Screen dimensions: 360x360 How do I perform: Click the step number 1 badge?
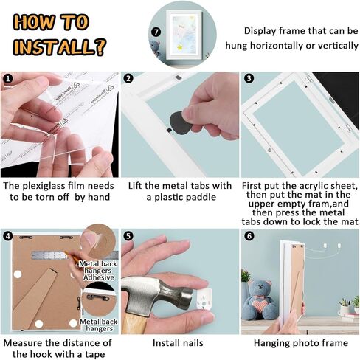coord(8,79)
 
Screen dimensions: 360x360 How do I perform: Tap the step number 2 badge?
coord(128,78)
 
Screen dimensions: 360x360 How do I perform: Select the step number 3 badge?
coord(249,78)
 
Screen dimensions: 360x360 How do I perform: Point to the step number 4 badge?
coord(8,236)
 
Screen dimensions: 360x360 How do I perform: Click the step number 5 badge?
coord(128,236)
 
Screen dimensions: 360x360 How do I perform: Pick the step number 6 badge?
coord(249,236)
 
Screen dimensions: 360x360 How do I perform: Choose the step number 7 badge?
coord(156,32)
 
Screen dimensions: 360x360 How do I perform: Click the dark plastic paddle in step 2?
coord(180,123)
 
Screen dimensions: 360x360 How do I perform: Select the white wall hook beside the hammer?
coord(204,299)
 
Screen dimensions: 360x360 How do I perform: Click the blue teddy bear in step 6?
coord(260,300)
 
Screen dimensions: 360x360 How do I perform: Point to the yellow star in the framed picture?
coord(180,46)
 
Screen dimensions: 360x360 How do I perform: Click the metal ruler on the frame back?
coord(50,255)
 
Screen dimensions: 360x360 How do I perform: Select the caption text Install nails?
coord(178,343)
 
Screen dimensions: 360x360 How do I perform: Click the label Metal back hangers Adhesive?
coord(98,271)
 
